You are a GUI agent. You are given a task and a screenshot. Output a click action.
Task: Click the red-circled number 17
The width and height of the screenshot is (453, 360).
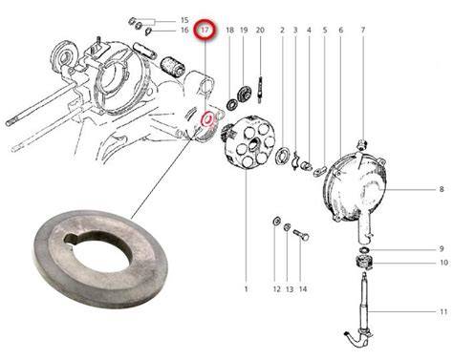[205, 31]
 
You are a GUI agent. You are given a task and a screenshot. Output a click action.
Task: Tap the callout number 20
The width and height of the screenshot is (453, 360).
[260, 31]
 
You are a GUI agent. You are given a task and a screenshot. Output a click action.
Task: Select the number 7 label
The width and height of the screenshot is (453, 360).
[363, 31]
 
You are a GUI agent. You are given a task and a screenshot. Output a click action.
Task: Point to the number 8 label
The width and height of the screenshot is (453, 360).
[442, 189]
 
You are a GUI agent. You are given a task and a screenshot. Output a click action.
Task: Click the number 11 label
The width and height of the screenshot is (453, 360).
[443, 312]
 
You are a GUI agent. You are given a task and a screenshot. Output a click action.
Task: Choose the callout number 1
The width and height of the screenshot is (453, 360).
[246, 289]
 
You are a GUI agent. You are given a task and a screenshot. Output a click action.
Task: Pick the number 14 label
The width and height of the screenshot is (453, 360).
[303, 289]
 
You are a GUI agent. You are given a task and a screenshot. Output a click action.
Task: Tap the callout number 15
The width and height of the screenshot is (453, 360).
[184, 20]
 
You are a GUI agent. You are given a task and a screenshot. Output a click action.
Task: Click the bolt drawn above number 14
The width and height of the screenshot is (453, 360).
[301, 235]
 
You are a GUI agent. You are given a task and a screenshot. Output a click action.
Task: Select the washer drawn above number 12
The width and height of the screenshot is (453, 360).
[277, 221]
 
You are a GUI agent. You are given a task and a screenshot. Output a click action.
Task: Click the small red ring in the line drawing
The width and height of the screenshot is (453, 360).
[207, 118]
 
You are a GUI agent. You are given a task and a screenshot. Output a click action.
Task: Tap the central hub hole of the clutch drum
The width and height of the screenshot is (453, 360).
[254, 145]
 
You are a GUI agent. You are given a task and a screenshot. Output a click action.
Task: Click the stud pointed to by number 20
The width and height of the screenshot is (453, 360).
[260, 90]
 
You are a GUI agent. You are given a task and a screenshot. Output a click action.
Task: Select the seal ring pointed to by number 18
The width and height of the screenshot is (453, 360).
[231, 104]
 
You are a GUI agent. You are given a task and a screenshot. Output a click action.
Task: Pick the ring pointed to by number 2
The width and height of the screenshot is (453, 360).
[283, 155]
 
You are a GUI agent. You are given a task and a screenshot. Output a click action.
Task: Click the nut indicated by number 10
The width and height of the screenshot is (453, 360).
[364, 263]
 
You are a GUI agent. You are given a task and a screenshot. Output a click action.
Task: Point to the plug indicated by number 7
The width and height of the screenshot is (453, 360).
[362, 145]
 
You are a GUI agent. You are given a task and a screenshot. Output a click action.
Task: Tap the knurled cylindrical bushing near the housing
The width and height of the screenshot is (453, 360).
[173, 67]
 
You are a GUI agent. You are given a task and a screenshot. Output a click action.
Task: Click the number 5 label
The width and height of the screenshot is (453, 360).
[325, 31]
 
